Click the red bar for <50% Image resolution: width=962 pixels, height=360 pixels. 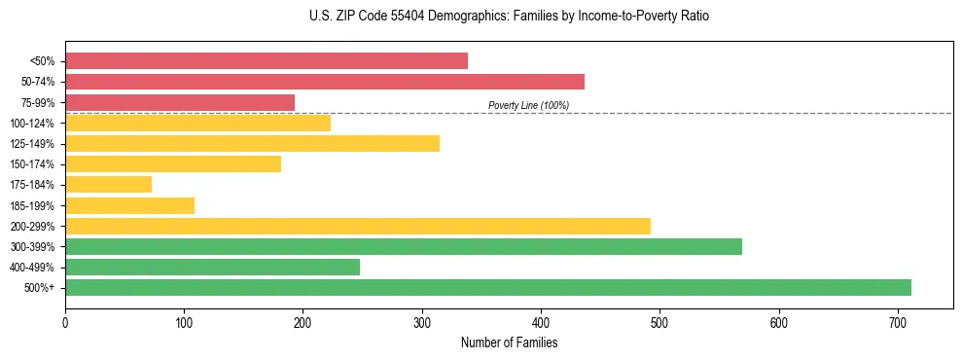coord(266,61)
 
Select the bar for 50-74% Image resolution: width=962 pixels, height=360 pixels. coord(324,82)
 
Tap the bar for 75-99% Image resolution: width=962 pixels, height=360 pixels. coord(179,102)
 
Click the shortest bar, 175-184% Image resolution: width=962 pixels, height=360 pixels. coord(108,184)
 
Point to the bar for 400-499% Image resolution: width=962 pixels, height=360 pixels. coord(212,267)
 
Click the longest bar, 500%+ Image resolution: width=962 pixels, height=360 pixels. coord(487,287)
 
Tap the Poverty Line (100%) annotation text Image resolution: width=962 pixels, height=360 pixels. coord(528,105)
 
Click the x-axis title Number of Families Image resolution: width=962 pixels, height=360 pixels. coord(509,342)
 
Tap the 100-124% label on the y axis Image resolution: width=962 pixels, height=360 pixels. coord(32,124)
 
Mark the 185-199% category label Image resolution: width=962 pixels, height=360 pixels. coord(32,206)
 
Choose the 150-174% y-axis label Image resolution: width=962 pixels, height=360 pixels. coord(32,164)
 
